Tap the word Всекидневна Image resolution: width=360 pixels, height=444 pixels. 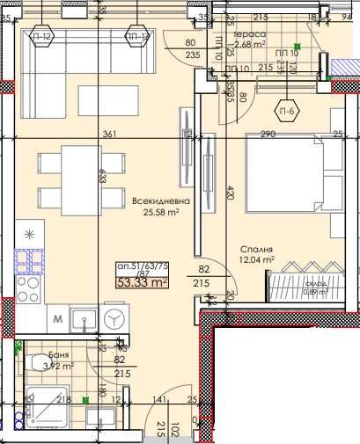(x=157, y=201)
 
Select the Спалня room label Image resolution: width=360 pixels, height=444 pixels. (x=255, y=249)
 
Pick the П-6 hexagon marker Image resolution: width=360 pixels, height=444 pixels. (x=286, y=112)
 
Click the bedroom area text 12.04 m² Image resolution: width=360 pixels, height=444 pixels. (x=258, y=260)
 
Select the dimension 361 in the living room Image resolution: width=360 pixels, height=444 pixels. (x=110, y=135)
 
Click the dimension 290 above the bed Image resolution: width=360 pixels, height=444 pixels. (x=268, y=135)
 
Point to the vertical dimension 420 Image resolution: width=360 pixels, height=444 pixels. (x=230, y=194)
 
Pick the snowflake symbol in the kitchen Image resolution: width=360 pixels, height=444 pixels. (x=32, y=233)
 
